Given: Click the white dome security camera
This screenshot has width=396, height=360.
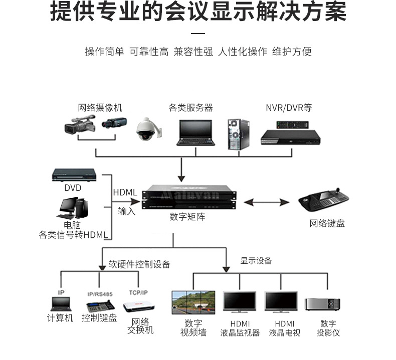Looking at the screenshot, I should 148,129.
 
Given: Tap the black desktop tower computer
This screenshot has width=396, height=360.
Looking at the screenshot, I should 239,134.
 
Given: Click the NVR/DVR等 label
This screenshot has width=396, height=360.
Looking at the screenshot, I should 288,108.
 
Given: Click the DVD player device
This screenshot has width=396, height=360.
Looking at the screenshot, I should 74,175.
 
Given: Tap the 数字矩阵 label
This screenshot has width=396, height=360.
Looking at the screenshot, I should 187,217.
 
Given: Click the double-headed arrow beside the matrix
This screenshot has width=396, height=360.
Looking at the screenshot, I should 267,202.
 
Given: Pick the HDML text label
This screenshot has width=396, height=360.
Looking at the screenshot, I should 125,192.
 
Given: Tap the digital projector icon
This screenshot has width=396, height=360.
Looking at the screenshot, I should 322,303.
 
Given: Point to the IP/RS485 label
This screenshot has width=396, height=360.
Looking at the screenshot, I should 99,293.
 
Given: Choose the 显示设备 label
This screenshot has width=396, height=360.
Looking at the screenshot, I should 256,260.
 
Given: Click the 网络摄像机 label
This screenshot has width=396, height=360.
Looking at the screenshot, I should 100,108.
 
